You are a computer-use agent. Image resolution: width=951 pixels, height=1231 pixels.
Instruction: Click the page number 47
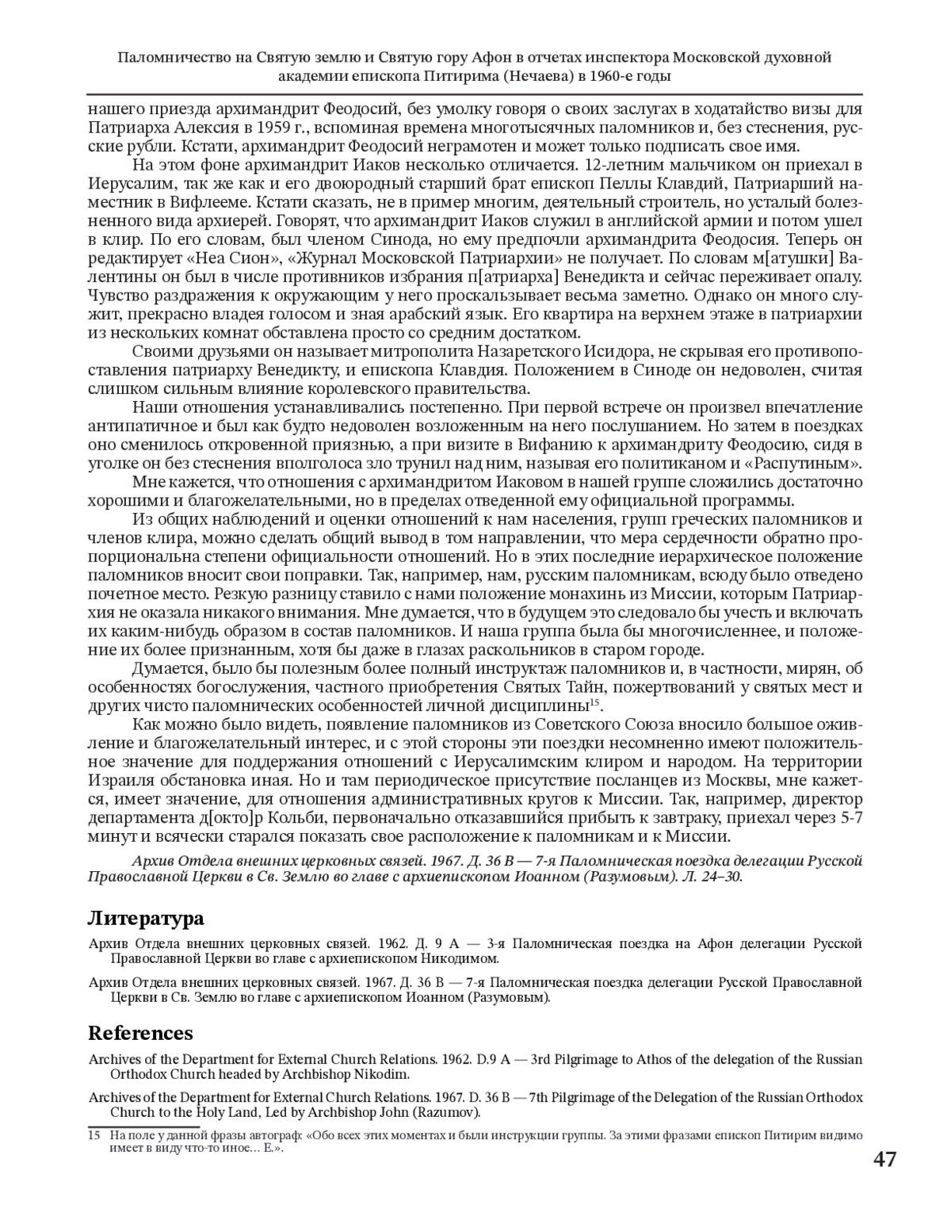[x=885, y=1159]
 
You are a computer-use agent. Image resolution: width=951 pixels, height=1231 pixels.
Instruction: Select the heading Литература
[x=145, y=918]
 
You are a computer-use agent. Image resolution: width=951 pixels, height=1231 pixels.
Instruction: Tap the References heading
[x=140, y=1033]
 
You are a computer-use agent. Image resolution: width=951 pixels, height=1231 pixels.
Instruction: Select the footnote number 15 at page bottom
[x=94, y=1135]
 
